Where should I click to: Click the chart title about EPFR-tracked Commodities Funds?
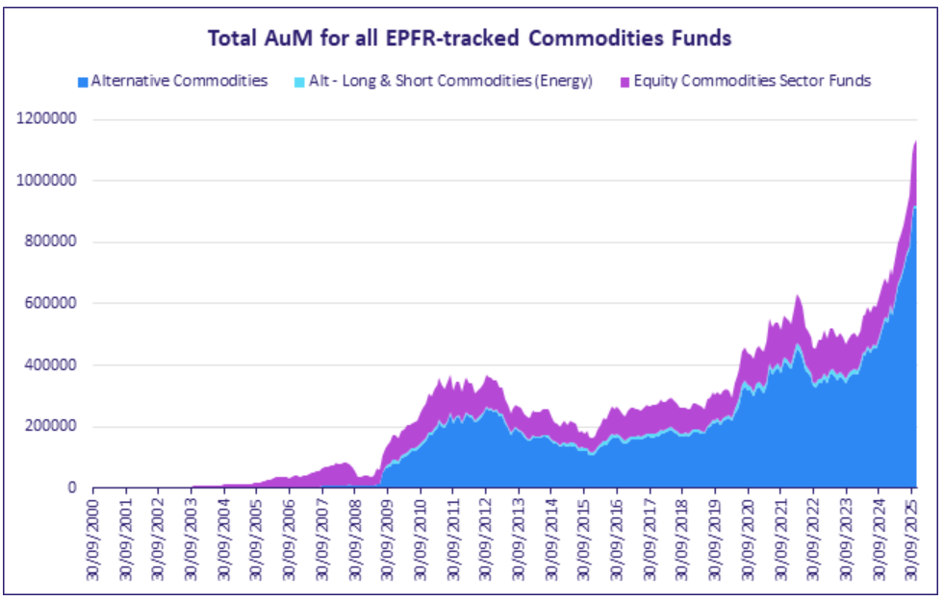tap(471, 38)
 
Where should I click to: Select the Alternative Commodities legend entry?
tap(179, 81)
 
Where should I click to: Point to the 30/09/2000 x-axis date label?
tap(93, 533)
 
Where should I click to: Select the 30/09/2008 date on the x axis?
tap(354, 533)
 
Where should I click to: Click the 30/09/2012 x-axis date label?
tap(485, 533)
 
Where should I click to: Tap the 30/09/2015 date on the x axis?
tap(583, 533)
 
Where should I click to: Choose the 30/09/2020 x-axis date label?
tap(747, 533)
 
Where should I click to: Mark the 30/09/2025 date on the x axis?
tap(910, 533)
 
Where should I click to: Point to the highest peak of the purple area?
tap(914, 142)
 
